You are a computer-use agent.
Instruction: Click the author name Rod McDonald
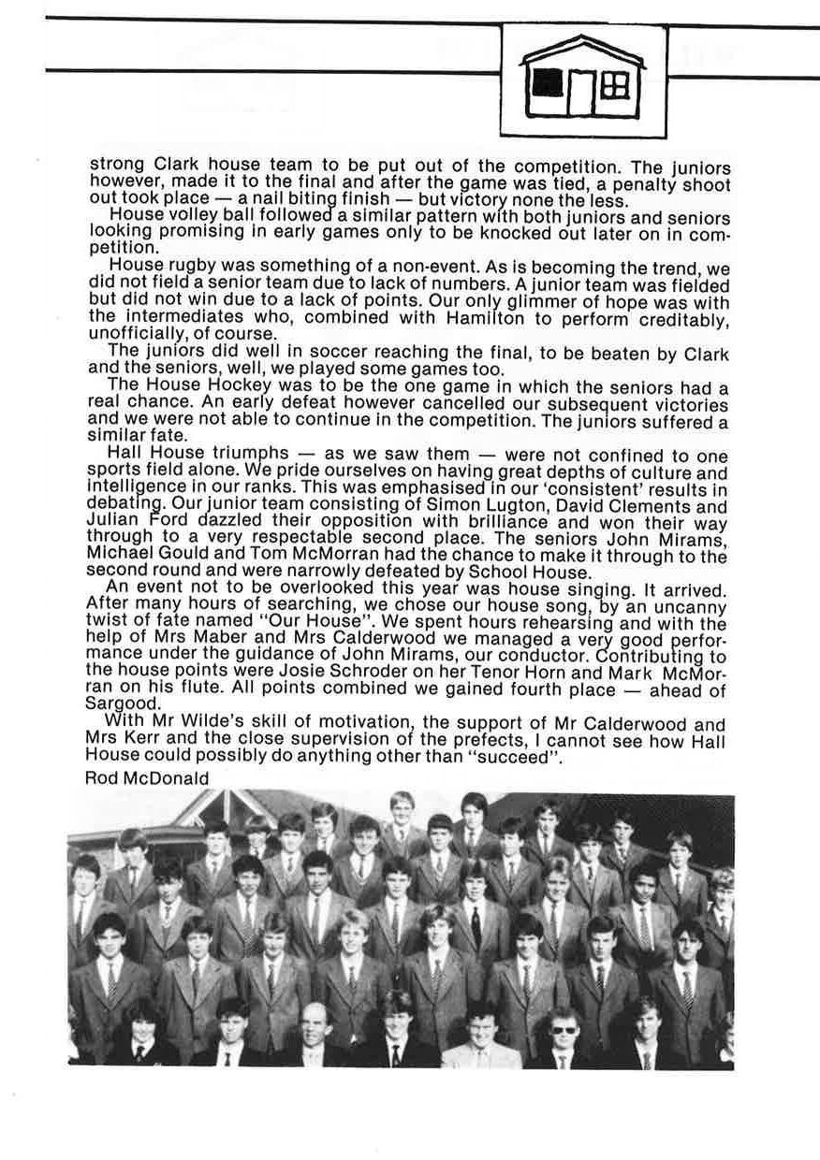[x=147, y=777]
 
